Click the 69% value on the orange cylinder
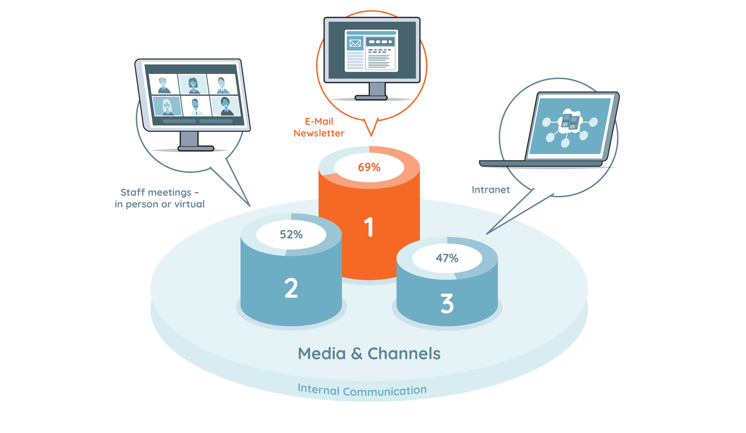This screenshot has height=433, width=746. tap(369, 167)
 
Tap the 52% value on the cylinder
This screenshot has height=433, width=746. tap(291, 234)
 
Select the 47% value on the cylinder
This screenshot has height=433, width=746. tap(447, 258)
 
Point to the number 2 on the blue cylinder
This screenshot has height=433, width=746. tap(291, 288)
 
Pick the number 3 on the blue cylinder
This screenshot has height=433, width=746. tap(447, 304)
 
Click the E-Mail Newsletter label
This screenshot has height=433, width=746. tap(319, 127)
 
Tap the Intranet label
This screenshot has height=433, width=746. tap(490, 190)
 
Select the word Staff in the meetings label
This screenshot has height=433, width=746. tap(132, 192)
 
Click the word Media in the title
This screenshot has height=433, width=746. tap(322, 354)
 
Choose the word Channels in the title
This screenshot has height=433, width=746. tap(404, 354)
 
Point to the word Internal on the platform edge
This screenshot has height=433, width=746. tap(318, 389)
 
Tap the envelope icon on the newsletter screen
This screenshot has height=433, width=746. tap(355, 43)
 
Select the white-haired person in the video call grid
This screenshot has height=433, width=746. tap(167, 106)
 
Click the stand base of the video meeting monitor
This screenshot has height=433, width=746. tap(196, 148)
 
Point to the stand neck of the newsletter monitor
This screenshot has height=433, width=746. tap(377, 89)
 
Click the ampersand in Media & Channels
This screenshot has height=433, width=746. tap(357, 354)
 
